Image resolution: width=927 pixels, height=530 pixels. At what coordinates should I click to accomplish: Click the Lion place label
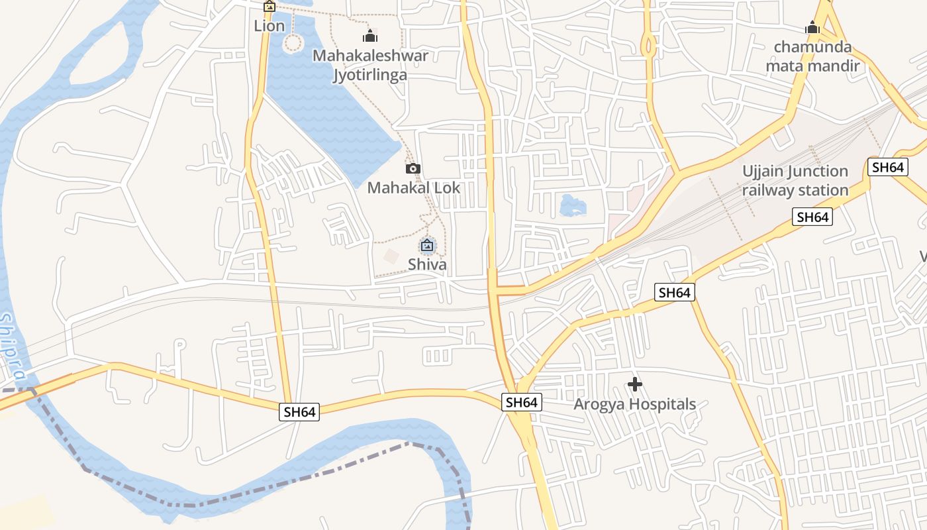(x=269, y=26)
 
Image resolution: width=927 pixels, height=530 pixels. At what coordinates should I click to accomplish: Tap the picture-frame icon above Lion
(x=269, y=7)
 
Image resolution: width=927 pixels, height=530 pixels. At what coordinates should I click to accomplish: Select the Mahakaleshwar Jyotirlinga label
(x=370, y=65)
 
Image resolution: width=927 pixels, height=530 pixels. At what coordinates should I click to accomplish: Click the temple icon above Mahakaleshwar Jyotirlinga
(x=370, y=36)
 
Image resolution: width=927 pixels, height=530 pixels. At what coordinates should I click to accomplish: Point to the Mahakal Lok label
(x=413, y=187)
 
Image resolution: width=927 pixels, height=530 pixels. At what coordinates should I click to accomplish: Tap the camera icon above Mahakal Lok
(x=413, y=169)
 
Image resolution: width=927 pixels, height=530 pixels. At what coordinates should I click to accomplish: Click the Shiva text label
(x=427, y=264)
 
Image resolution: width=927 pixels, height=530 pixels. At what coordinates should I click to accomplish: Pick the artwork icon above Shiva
(x=427, y=246)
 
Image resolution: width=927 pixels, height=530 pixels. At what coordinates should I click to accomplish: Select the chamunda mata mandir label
(x=812, y=56)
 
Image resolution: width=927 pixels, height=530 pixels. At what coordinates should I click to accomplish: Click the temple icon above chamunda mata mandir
(x=812, y=28)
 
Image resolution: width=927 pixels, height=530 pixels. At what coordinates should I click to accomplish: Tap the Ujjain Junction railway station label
(x=795, y=181)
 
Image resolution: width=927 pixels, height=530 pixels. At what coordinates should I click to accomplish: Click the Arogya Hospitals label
(x=634, y=404)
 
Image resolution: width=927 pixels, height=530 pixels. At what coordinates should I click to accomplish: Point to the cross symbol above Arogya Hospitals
(x=634, y=384)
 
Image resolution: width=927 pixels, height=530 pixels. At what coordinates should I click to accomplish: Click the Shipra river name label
(x=13, y=348)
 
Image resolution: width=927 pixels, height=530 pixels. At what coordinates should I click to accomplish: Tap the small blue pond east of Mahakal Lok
(x=573, y=205)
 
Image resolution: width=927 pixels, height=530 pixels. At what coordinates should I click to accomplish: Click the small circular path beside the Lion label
(x=293, y=44)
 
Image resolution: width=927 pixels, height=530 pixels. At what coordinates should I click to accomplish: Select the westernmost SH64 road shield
(x=300, y=412)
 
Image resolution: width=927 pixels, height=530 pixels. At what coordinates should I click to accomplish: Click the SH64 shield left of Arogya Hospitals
(x=521, y=402)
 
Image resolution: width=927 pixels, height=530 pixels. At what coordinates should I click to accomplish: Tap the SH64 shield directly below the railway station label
(x=812, y=217)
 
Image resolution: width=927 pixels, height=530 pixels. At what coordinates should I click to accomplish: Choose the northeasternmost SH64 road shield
(x=888, y=167)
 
